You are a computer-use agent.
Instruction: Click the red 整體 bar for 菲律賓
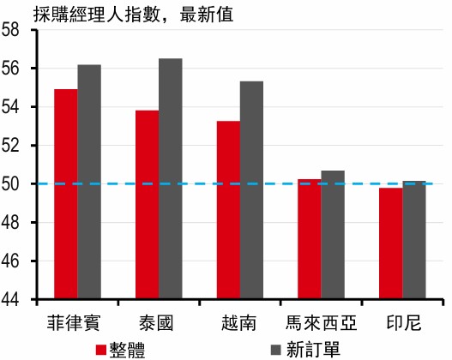(x=66, y=194)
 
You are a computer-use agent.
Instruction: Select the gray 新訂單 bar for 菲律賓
(x=89, y=182)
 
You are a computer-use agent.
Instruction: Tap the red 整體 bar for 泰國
(x=148, y=205)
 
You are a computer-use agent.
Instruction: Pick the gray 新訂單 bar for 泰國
(x=171, y=178)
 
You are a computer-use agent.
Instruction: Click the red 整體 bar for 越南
(x=229, y=210)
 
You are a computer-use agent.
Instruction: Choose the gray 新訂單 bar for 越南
(x=251, y=190)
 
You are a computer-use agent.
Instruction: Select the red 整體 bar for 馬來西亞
(x=310, y=239)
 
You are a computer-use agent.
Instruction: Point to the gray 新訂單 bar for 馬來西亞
(x=333, y=235)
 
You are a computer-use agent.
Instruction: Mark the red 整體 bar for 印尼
(x=391, y=243)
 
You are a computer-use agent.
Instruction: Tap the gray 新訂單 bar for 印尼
(x=414, y=240)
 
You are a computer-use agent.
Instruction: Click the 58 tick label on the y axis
(x=10, y=30)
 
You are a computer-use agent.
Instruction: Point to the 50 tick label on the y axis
(x=10, y=183)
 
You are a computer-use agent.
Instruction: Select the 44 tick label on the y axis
(x=10, y=299)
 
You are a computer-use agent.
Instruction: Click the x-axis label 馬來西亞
(x=321, y=323)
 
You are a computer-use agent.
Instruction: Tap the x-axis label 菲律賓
(x=74, y=323)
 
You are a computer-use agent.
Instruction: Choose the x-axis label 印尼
(x=404, y=323)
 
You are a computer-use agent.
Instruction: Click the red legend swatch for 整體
(x=101, y=350)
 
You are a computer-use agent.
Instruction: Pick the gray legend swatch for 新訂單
(x=276, y=350)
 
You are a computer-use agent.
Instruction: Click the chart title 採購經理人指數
(x=97, y=15)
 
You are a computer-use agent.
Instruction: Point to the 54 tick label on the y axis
(x=10, y=107)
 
